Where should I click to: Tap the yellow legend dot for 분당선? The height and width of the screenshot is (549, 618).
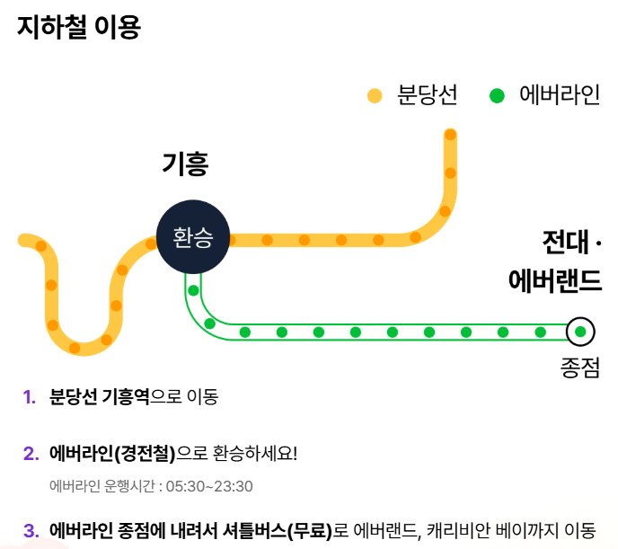[x=375, y=95]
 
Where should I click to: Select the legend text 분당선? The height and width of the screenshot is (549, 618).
[x=428, y=95]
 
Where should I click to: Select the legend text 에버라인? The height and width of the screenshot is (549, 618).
[x=559, y=95]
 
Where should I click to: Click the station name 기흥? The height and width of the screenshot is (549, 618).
[x=186, y=164]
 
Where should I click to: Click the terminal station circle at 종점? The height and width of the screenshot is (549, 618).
[x=580, y=332]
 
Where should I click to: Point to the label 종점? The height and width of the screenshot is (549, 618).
[x=579, y=367]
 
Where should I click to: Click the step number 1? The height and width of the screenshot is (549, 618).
[x=28, y=396]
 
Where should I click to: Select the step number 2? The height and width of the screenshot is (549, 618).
[x=29, y=453]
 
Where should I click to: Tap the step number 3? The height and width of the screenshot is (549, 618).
[x=29, y=530]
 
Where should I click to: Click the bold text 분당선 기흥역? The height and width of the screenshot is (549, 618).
[x=99, y=396]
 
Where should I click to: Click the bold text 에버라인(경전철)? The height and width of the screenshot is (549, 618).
[x=113, y=453]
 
